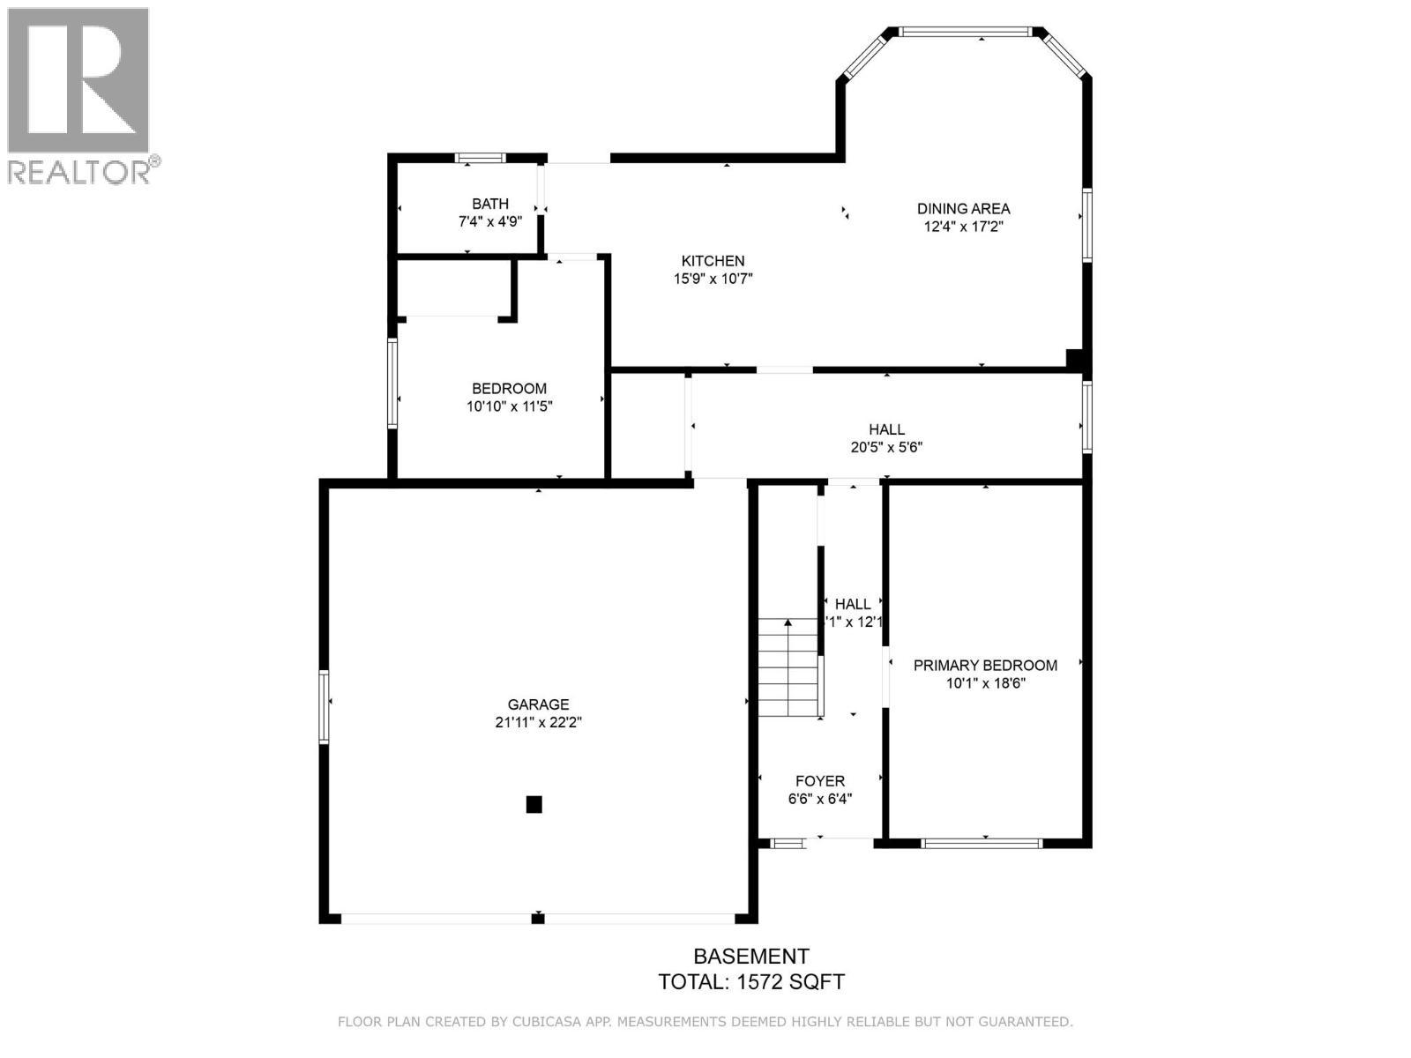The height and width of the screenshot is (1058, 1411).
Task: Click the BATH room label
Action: point(489,204)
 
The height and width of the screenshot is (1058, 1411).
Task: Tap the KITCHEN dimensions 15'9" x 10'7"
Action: point(713,279)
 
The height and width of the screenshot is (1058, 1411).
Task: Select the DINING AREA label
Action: point(963,209)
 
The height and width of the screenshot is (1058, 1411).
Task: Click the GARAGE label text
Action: point(538,704)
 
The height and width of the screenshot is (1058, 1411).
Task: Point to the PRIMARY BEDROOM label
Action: point(985,666)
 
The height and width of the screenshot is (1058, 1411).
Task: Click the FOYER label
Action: point(820,781)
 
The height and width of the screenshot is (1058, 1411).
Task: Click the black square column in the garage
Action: point(534,804)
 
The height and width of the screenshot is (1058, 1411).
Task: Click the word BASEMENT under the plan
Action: point(751,957)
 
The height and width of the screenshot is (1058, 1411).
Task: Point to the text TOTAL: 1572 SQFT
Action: point(751,982)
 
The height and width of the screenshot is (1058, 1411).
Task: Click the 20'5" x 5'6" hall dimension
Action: point(886,447)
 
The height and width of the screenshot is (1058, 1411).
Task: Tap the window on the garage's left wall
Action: point(324,706)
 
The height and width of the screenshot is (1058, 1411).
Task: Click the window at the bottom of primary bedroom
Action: point(982,844)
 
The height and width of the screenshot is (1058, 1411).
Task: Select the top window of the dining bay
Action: point(965,33)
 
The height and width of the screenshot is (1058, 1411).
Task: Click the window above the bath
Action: point(481,159)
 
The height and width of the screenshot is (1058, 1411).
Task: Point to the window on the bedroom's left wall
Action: point(392,384)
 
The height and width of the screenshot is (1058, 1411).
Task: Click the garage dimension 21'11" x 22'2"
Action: point(538,722)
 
